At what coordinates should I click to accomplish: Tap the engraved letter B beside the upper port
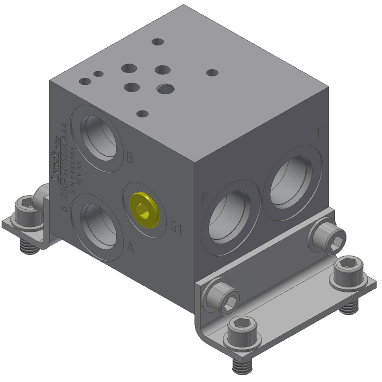pos(130,159)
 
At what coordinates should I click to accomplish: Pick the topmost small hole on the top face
pos(158,41)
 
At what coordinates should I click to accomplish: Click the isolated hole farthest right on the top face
pos(212,73)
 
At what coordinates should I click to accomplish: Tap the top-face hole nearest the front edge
pos(142,114)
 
